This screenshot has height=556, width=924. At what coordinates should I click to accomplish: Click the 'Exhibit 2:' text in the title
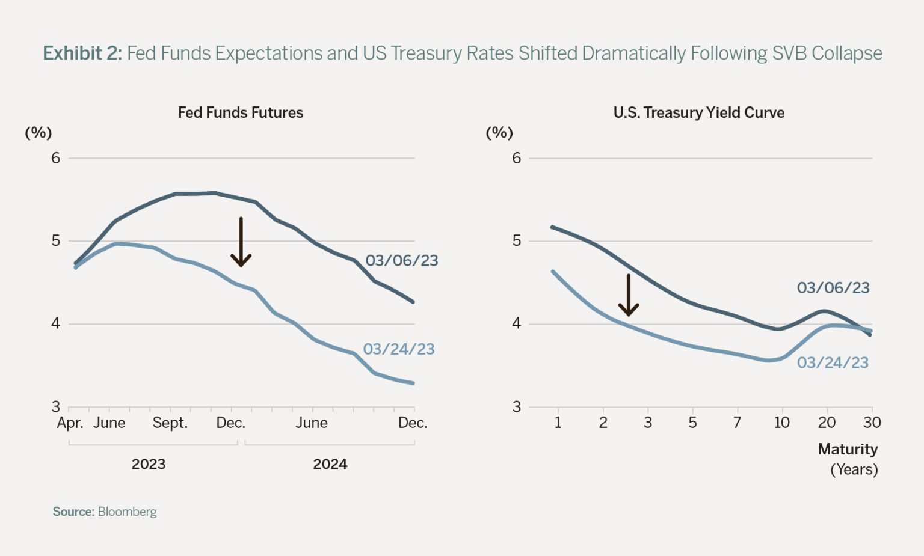(82, 53)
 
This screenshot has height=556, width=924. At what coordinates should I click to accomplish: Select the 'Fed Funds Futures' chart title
(241, 112)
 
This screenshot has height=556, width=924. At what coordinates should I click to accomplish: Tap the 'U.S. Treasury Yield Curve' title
(698, 112)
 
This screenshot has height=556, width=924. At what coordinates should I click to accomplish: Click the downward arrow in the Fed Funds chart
(241, 242)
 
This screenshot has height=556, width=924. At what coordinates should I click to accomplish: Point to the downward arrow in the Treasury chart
(629, 295)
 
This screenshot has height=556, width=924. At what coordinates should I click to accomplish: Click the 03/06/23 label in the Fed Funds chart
(402, 261)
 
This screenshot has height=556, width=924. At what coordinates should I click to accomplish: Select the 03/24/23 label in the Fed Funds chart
(399, 349)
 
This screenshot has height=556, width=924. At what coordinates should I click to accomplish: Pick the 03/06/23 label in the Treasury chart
(833, 288)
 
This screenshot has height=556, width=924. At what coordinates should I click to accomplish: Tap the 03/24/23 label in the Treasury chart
(833, 363)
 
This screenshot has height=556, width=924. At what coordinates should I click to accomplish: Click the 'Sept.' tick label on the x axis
(170, 423)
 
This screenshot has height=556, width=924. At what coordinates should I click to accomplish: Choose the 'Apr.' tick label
(70, 423)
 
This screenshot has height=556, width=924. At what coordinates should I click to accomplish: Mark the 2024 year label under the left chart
(330, 464)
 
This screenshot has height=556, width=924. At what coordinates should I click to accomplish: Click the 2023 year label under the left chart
(149, 464)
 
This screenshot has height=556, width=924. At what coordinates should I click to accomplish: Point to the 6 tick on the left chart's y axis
(56, 158)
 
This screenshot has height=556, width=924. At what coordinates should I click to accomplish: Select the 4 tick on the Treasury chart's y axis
(516, 323)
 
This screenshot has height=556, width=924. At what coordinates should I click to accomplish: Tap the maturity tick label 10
(781, 423)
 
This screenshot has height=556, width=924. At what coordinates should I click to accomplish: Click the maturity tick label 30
(872, 423)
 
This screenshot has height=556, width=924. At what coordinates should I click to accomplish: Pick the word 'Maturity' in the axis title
(848, 449)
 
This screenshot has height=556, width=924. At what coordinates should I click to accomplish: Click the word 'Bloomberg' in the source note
(127, 512)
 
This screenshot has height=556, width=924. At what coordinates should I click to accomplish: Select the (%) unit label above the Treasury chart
(499, 133)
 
